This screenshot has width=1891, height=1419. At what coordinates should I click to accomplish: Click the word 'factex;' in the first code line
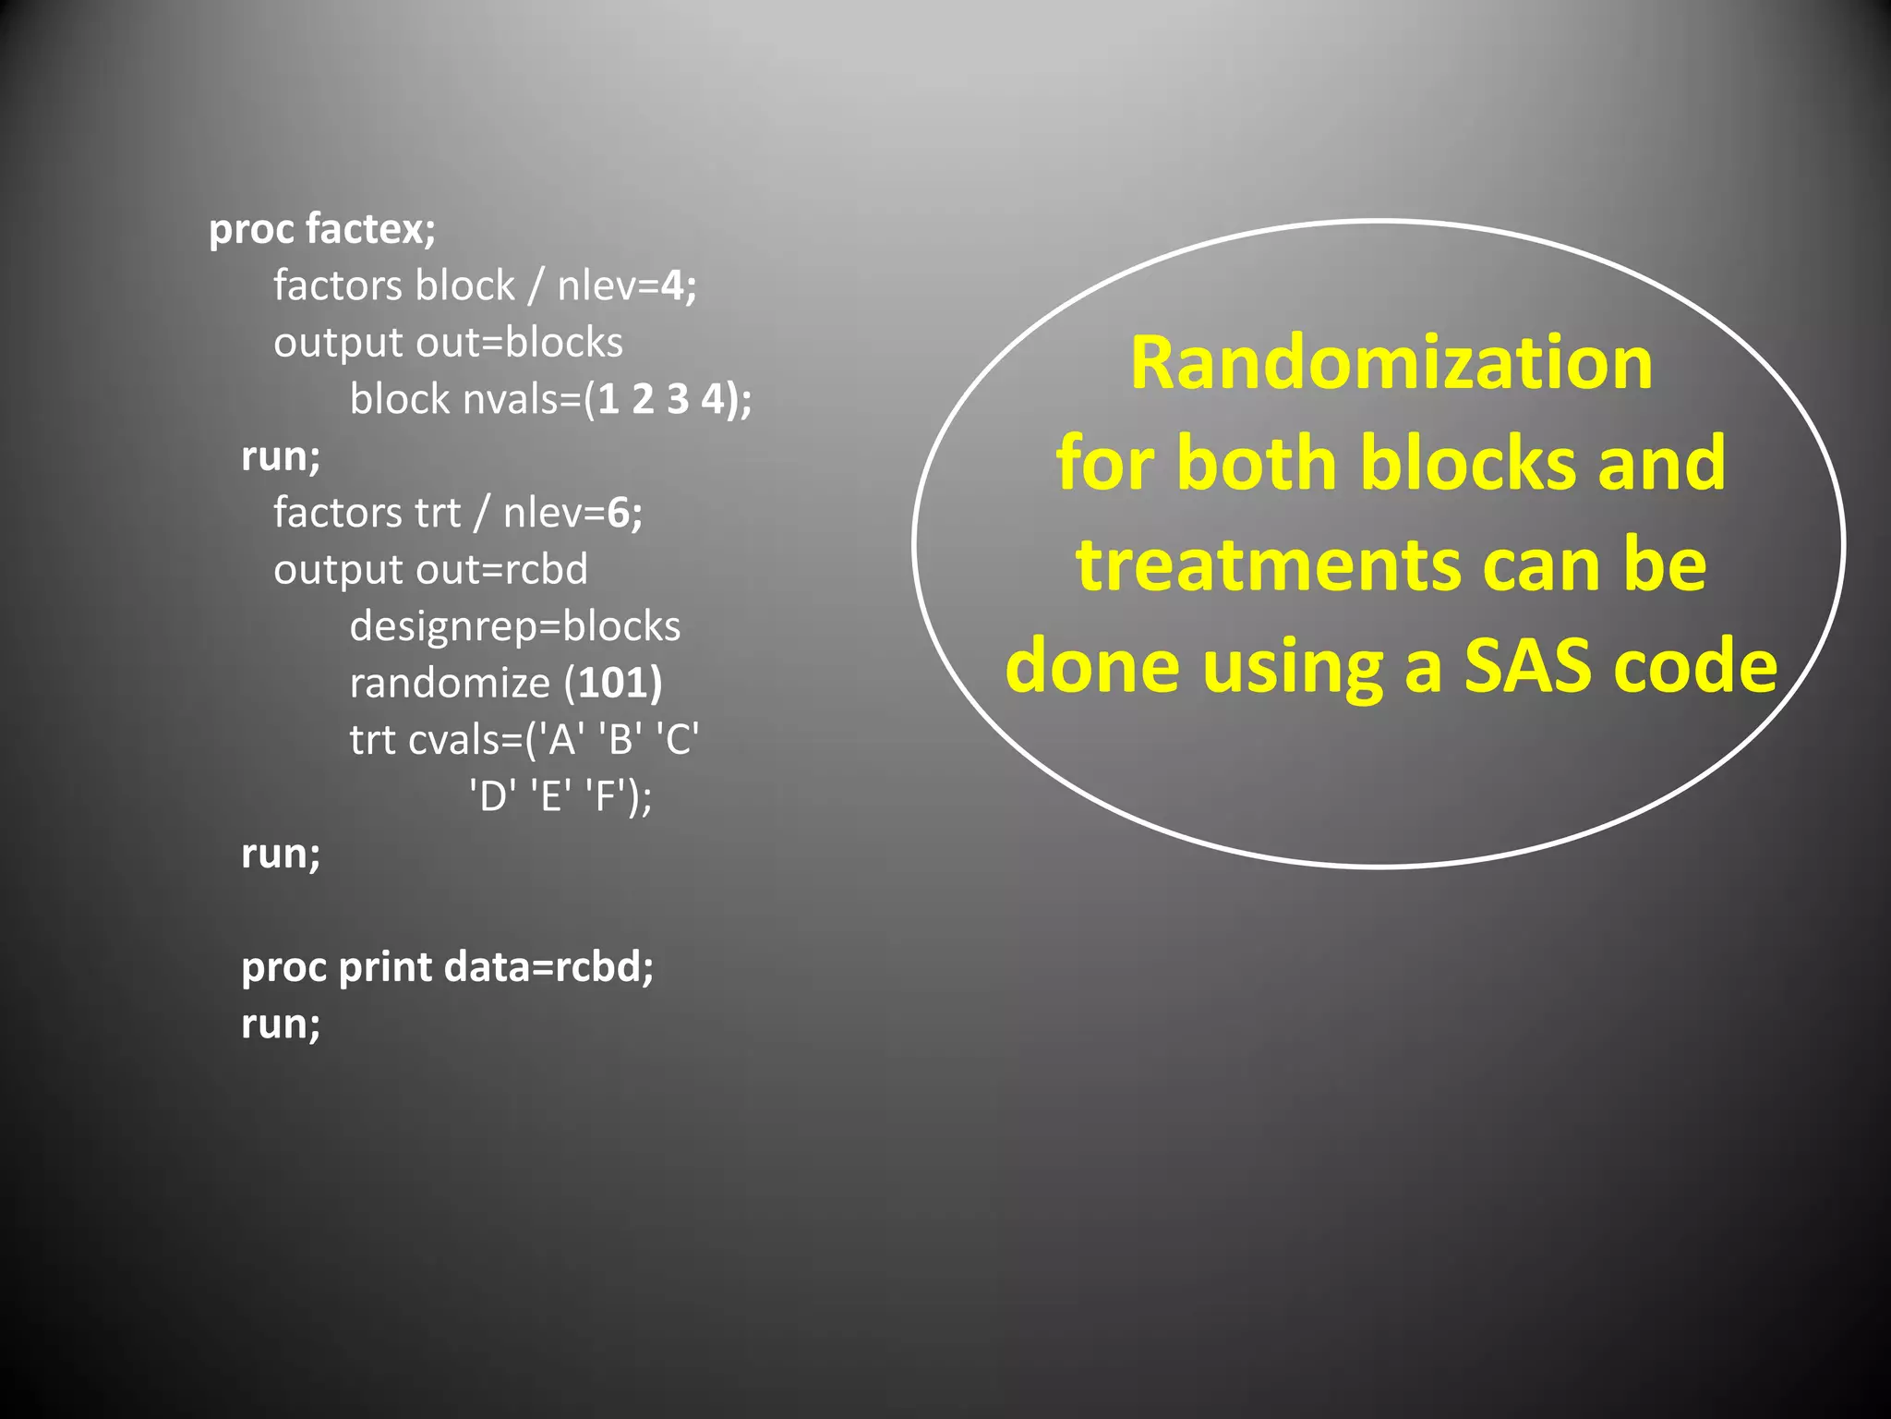370,229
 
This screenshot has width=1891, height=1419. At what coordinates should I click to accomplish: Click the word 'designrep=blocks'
514,627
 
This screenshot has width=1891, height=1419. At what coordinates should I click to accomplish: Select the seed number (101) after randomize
614,684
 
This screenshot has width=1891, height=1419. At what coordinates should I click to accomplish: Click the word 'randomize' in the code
450,684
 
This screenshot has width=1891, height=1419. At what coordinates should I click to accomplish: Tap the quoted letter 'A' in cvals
562,740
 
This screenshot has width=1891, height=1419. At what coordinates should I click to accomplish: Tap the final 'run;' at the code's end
281,1024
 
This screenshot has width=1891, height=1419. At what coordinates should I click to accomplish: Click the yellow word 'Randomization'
1391,363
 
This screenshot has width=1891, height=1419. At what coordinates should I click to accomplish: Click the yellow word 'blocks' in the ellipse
1468,463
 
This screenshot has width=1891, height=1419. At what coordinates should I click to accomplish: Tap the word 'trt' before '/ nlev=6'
437,513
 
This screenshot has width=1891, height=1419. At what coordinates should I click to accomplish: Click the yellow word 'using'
1295,667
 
